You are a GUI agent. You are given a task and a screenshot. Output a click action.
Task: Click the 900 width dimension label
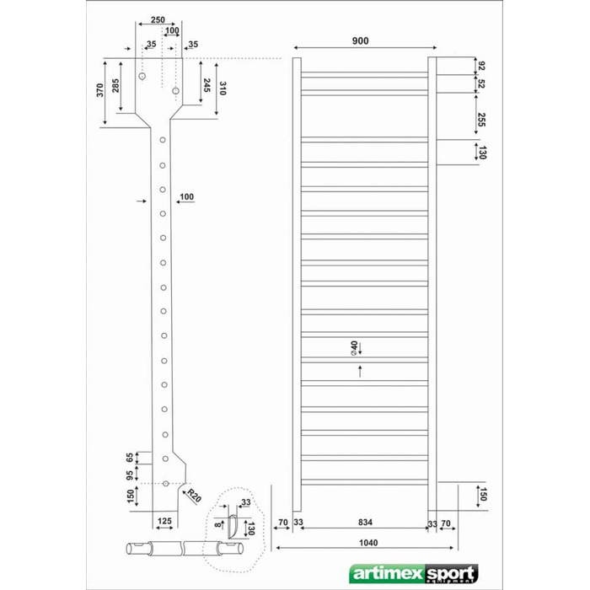point(361,41)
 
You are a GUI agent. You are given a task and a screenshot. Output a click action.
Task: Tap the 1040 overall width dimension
point(368,543)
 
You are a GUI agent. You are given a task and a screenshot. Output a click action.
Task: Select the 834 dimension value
point(365,522)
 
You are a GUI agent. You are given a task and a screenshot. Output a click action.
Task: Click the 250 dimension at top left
point(158,20)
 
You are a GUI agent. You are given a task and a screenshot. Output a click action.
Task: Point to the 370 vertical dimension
point(99,90)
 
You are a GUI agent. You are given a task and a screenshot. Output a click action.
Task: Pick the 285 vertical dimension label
point(115,85)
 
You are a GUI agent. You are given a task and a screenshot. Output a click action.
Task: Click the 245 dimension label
point(206,85)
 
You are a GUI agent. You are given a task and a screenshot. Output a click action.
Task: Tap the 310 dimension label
point(223,88)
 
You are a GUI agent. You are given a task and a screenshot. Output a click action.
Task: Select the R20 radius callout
point(194,496)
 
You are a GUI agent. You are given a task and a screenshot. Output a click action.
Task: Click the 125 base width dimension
point(164,521)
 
